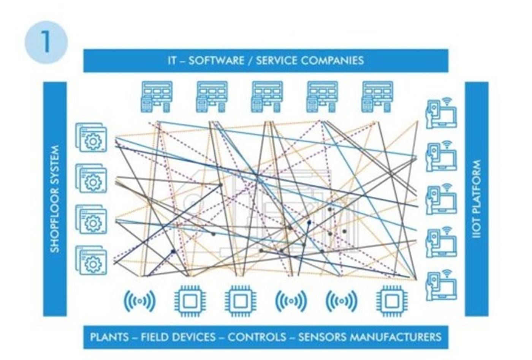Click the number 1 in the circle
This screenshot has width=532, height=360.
pyautogui.click(x=46, y=42)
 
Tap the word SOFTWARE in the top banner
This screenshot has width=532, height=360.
pyautogui.click(x=216, y=60)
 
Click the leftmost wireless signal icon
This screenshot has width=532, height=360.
pyautogui.click(x=139, y=301)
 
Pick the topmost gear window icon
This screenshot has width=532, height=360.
pyautogui.click(x=91, y=137)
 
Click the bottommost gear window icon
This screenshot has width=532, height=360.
pyautogui.click(x=91, y=261)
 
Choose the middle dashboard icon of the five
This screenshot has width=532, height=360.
pyautogui.click(x=267, y=97)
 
